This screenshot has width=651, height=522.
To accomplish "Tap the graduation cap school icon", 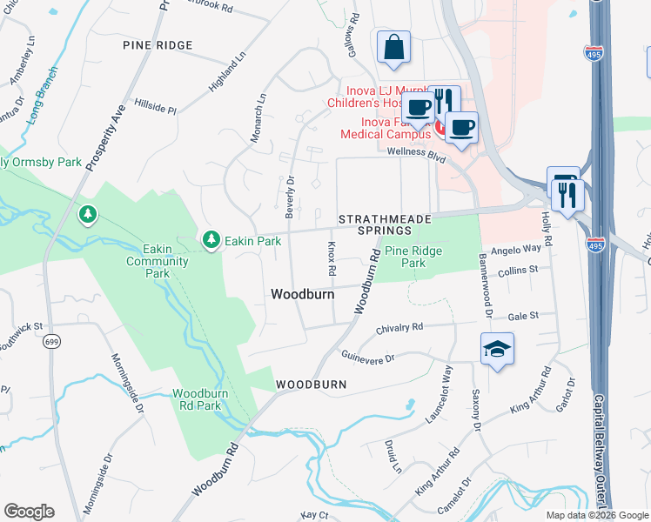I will [497, 349].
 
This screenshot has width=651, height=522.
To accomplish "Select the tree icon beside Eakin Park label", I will [211, 239].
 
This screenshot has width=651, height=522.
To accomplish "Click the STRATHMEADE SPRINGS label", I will [373, 224].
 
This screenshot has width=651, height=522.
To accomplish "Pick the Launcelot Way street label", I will [447, 387].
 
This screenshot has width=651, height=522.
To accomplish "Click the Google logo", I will [29, 511].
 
